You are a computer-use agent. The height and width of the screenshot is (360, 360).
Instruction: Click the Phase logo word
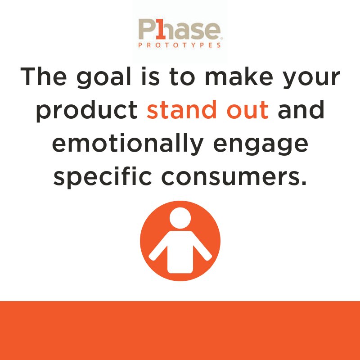coord(180,29)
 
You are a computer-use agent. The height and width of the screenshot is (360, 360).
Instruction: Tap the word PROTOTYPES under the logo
coord(180,45)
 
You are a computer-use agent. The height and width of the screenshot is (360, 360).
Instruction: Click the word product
coord(86,110)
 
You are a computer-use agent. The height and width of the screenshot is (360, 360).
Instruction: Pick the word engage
coord(261,143)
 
